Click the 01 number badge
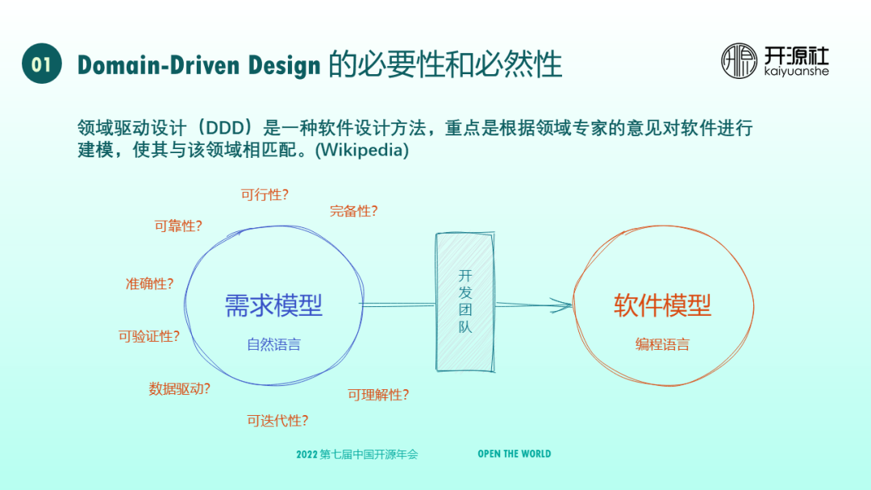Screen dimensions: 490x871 42,64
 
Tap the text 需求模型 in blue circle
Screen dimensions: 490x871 273,305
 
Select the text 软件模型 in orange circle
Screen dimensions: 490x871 663,305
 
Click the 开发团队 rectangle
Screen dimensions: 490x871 465,302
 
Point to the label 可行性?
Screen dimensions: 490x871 265,194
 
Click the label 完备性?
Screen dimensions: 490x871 353,211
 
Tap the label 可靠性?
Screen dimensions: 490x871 178,226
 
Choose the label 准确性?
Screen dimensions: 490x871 149,284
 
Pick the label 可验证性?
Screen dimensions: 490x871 148,336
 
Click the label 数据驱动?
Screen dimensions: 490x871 179,388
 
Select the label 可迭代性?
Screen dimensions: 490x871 277,420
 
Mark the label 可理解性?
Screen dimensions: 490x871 378,394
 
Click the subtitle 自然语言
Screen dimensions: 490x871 273,345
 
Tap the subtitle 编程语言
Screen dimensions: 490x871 662,345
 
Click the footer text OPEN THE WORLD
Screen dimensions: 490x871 514,454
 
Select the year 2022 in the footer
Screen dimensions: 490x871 306,455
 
